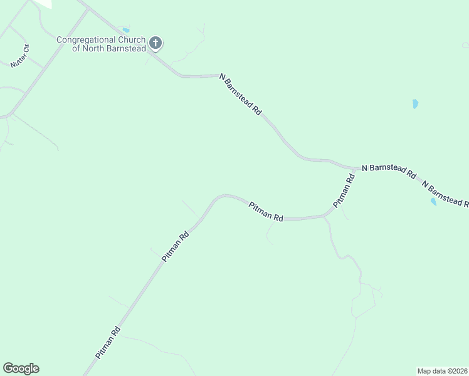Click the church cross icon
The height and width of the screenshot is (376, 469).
pyautogui.click(x=155, y=43)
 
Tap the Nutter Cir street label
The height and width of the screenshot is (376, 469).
pyautogui.click(x=20, y=56)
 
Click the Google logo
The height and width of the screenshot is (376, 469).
pyautogui.click(x=21, y=368)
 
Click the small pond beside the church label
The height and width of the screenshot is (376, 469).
pyautogui.click(x=126, y=29)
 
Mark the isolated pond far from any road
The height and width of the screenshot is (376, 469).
pyautogui.click(x=415, y=104)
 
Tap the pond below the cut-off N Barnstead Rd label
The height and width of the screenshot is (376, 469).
pyautogui.click(x=433, y=201)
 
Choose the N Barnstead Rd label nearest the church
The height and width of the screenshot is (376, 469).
pyautogui.click(x=240, y=94)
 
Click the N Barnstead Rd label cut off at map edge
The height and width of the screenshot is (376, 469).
pyautogui.click(x=445, y=194)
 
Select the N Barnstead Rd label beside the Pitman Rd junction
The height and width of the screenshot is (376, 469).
pyautogui.click(x=389, y=172)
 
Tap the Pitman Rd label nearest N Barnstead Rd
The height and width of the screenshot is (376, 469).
pyautogui.click(x=344, y=191)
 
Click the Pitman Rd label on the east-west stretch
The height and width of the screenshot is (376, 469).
pyautogui.click(x=266, y=211)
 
